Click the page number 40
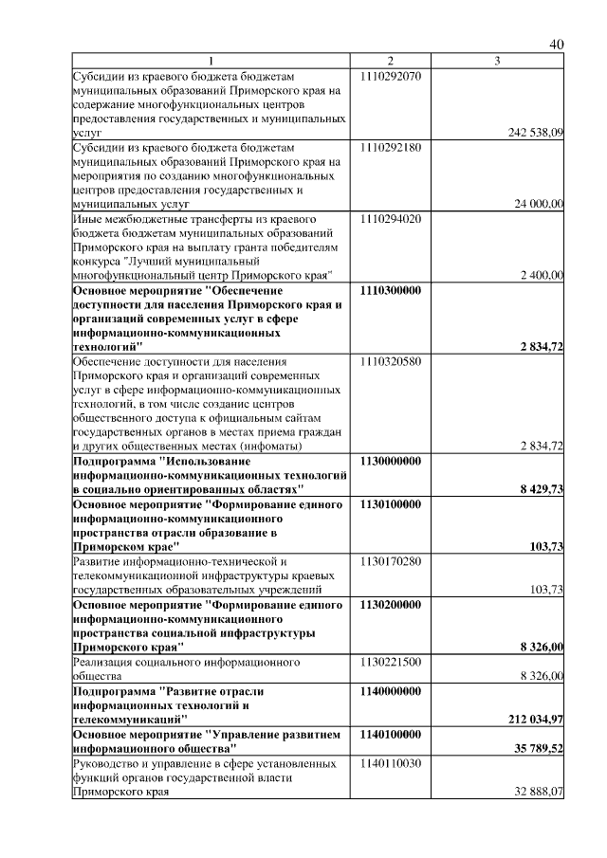click(x=557, y=45)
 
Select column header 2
click(x=390, y=62)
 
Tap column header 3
click(x=497, y=62)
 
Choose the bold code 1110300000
click(x=391, y=291)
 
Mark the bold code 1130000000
click(x=391, y=460)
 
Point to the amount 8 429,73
click(x=542, y=489)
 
